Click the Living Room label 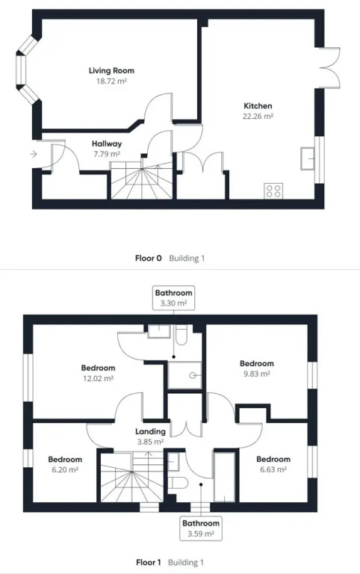coord(111,70)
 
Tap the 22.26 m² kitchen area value coord(258,116)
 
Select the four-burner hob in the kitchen coord(273,191)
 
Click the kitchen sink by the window coord(307,158)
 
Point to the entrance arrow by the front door coord(34,154)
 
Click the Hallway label coord(107,143)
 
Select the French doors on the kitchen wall coord(329,67)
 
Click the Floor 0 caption coord(148,258)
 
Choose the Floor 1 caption coord(148,562)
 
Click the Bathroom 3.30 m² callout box coord(173,297)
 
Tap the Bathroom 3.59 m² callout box coord(201,528)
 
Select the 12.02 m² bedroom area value coord(98,378)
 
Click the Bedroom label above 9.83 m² coord(256,363)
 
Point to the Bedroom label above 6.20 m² coord(65,460)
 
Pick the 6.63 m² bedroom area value coord(273,469)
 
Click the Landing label coord(150,431)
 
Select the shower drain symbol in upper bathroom coord(194,375)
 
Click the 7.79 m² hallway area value coord(107,154)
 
